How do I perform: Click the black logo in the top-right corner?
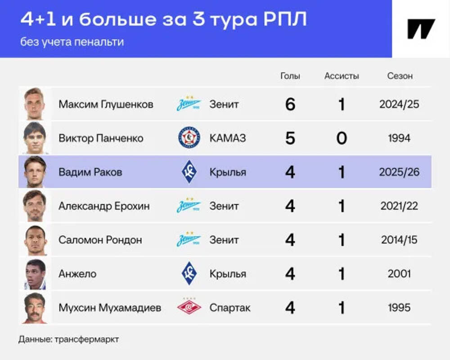tap(421, 29)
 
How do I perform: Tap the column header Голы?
tap(290, 76)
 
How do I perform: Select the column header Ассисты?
tap(342, 76)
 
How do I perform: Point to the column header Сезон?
tap(400, 76)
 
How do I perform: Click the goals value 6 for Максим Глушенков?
tap(290, 104)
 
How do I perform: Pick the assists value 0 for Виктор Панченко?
tap(342, 138)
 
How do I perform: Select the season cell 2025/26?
tap(399, 172)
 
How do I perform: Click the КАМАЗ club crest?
tap(189, 138)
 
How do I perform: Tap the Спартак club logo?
tap(189, 307)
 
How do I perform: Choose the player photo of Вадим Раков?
tap(35, 172)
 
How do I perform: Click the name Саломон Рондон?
tap(100, 240)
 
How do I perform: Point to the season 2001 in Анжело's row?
tap(399, 274)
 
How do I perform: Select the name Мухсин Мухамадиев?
tap(110, 308)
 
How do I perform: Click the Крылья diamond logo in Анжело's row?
tap(189, 273)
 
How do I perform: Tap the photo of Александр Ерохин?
tap(35, 206)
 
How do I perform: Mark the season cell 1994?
tap(399, 138)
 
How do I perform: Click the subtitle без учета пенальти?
tap(72, 42)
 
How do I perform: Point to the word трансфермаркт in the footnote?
tap(87, 339)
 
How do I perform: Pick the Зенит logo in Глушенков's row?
tap(189, 103)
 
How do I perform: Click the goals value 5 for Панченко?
tap(290, 138)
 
